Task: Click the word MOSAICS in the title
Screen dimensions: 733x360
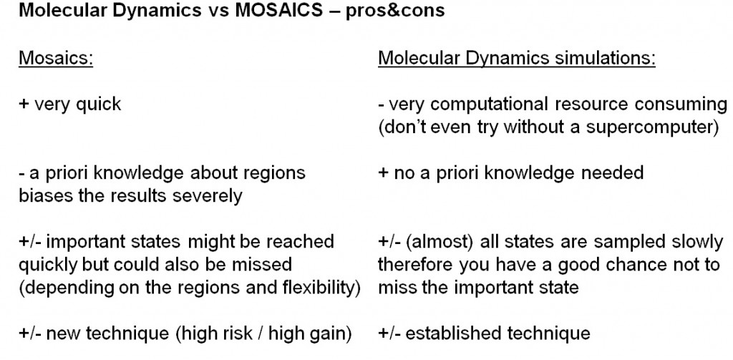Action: pyautogui.click(x=278, y=10)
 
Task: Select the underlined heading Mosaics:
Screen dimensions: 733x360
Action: pyautogui.click(x=56, y=59)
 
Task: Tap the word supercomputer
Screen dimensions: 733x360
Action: pyautogui.click(x=650, y=127)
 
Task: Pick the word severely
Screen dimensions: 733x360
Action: pyautogui.click(x=207, y=196)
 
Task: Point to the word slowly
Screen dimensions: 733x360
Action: pyautogui.click(x=697, y=242)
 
